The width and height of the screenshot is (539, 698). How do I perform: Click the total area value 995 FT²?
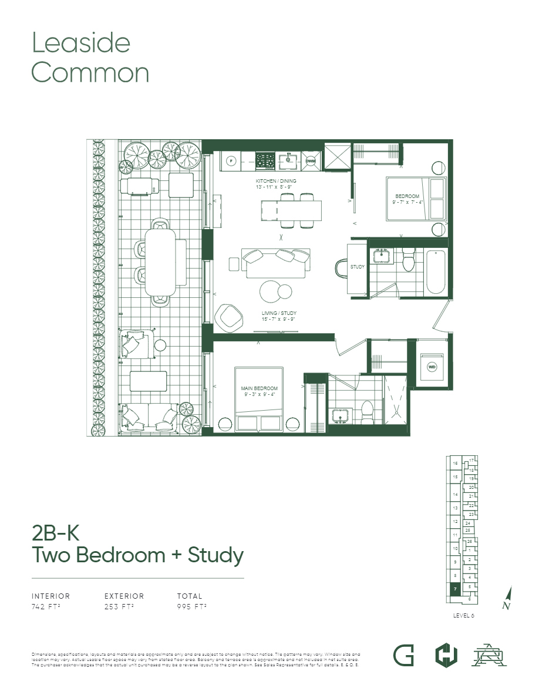click(x=191, y=606)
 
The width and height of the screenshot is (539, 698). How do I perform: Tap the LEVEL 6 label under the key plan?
click(x=464, y=615)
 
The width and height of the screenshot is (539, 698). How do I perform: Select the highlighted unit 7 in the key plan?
click(x=454, y=590)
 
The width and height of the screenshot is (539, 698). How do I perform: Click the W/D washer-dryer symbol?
click(x=432, y=367)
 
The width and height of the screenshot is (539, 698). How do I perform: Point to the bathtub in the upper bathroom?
click(x=436, y=271)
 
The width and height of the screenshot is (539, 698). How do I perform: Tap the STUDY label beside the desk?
click(x=358, y=267)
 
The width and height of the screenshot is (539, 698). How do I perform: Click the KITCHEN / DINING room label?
click(x=276, y=183)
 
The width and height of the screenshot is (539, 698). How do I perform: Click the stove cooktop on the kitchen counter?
click(x=265, y=159)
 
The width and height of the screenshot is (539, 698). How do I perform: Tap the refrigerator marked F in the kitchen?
click(x=231, y=160)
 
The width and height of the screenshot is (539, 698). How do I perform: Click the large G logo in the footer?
click(x=403, y=655)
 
